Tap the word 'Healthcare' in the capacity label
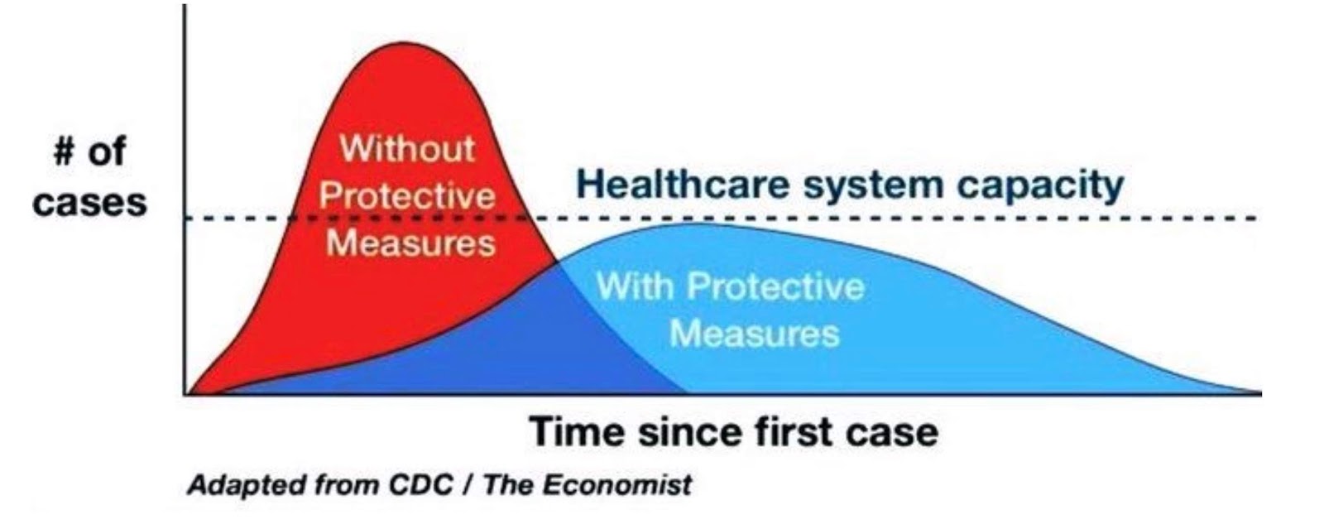click(683, 184)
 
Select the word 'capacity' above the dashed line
click(1041, 187)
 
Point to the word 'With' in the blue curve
click(636, 286)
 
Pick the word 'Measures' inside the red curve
click(410, 243)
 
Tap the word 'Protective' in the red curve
click(407, 195)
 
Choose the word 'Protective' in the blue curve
click(775, 286)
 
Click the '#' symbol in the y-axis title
click(65, 151)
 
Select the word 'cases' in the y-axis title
click(89, 202)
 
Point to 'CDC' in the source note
click(420, 484)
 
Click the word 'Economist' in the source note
click(616, 484)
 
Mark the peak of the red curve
click(404, 42)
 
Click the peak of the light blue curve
click(698, 224)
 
